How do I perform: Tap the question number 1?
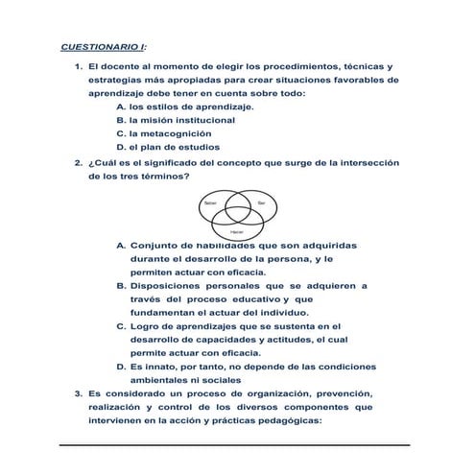[78, 65]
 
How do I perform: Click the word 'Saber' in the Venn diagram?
[210, 203]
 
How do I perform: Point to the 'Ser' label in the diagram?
[261, 203]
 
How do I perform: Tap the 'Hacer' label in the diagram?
[236, 232]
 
